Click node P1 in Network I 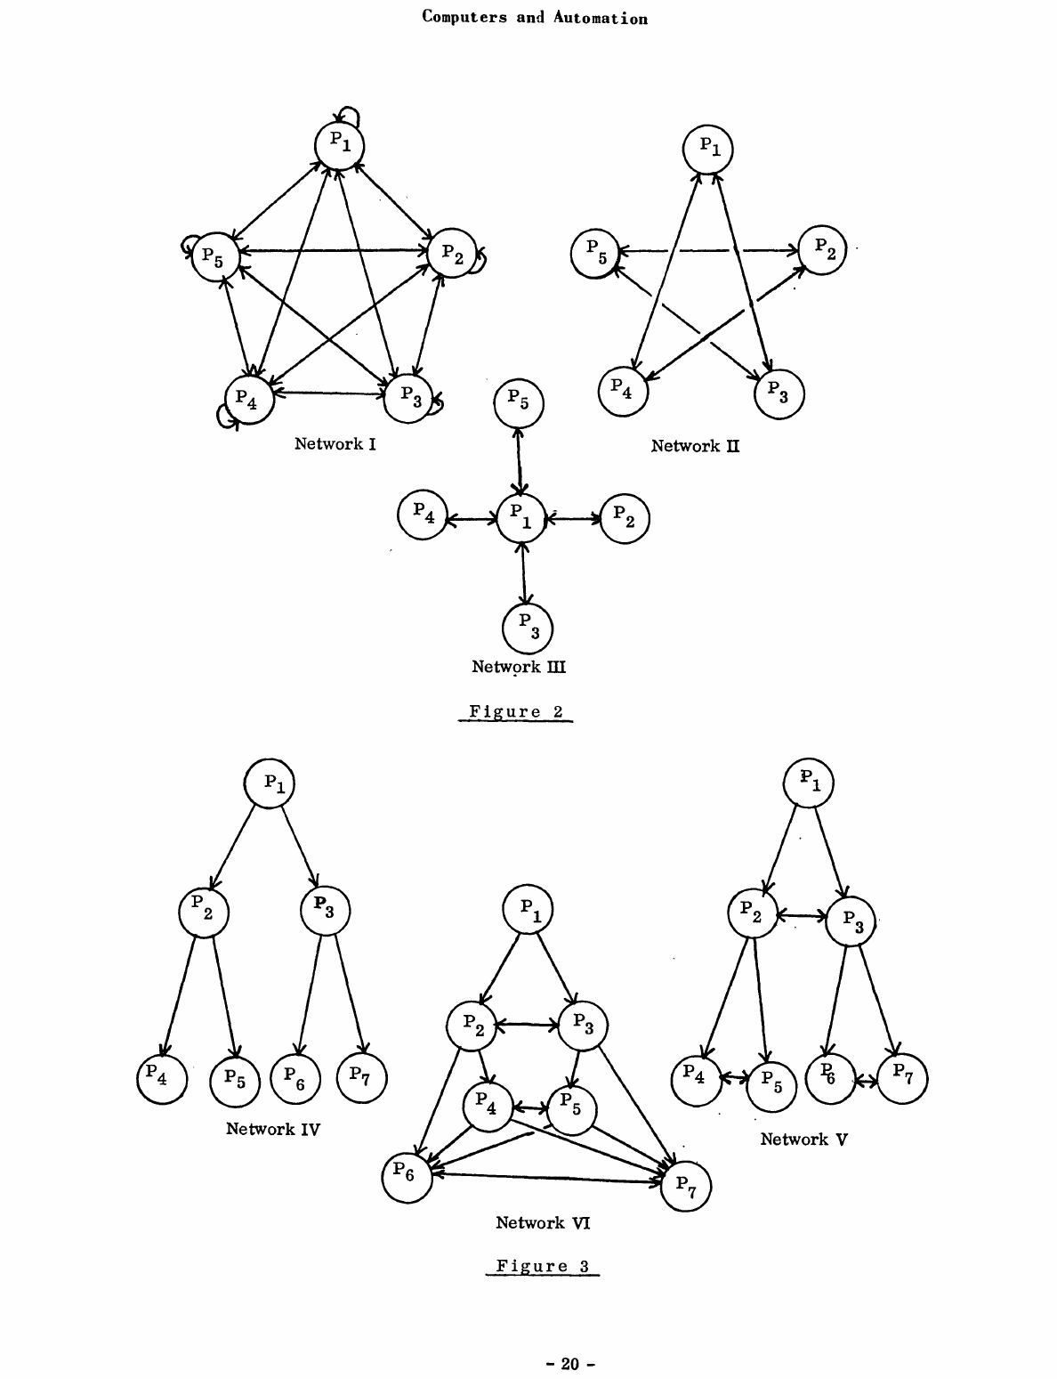coord(340,145)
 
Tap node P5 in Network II coord(595,252)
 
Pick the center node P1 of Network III coord(521,518)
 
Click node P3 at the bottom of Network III coord(528,627)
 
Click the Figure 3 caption coord(543,1266)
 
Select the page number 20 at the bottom coord(569,1363)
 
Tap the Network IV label coord(273,1129)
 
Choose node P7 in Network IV coord(361,1077)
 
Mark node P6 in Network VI coord(407,1177)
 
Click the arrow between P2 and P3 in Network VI coord(527,1025)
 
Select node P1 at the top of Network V coord(808,783)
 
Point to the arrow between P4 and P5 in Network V coord(734,1079)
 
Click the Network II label coord(695,445)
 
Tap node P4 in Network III coord(422,515)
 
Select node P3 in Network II coord(779,393)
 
